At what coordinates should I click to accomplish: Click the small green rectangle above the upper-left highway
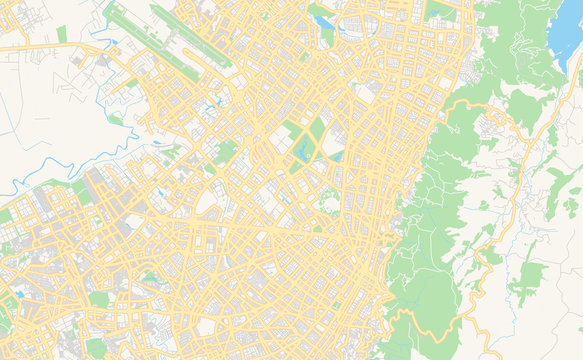click(x=61, y=34)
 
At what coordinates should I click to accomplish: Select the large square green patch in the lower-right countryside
click(x=525, y=280)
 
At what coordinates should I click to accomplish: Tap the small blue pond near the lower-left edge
click(x=18, y=295)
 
